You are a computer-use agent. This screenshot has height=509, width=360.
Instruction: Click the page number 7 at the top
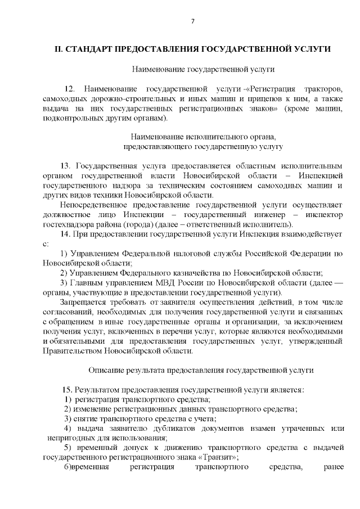click(192, 21)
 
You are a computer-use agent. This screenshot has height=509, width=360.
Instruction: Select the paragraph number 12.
click(70, 89)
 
